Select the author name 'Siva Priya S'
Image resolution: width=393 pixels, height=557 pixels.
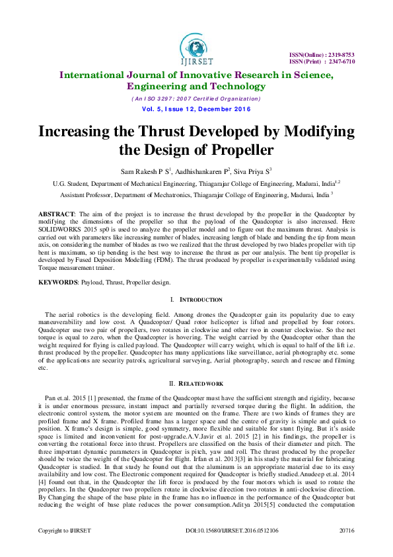point(250,171)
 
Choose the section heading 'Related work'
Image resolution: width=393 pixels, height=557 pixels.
point(200,383)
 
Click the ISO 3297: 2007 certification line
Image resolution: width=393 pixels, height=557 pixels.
point(196,97)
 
